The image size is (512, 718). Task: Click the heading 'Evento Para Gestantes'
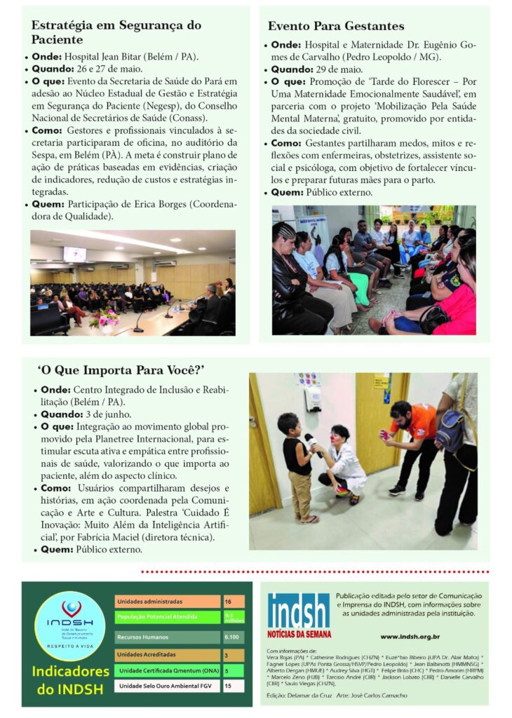point(336,26)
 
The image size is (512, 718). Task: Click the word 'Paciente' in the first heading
point(56,40)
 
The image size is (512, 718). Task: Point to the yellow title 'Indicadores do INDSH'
point(70,680)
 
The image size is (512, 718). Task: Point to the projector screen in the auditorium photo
point(74,253)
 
